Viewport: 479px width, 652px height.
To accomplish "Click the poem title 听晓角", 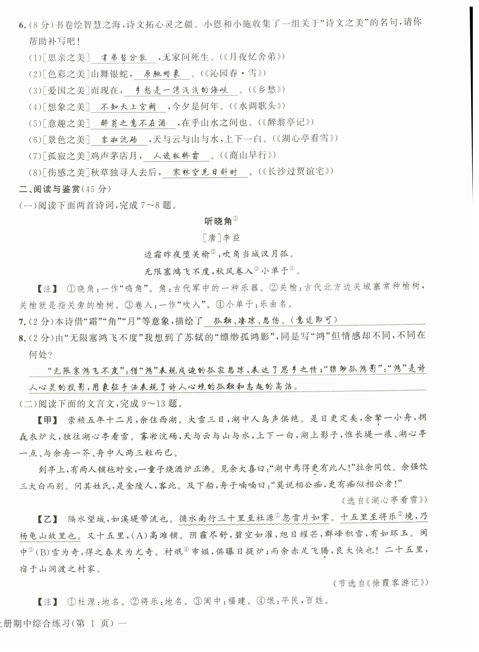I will [218, 221].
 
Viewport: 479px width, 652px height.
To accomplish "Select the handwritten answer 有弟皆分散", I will [124, 58].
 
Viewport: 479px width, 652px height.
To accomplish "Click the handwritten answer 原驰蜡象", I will [162, 74].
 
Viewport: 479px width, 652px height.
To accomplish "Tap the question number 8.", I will [21, 338].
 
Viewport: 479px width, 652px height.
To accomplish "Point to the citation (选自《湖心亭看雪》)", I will [384, 500].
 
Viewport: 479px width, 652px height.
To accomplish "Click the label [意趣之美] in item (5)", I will [66, 124].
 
